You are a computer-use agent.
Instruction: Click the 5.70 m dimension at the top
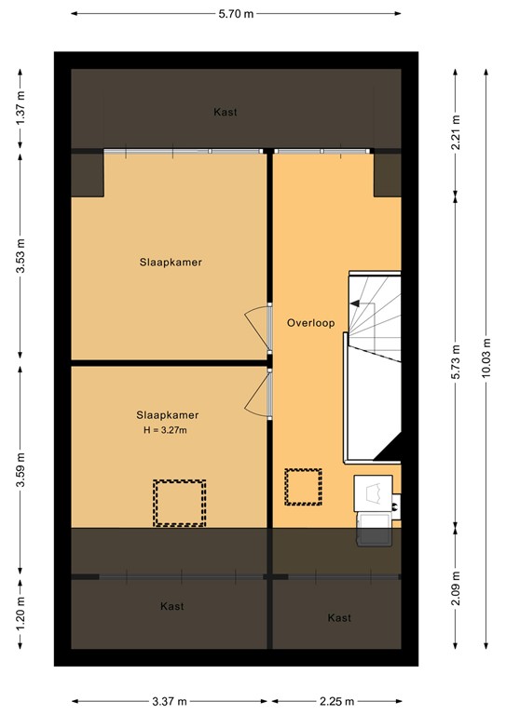point(237,14)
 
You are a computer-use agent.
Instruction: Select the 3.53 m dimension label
point(20,253)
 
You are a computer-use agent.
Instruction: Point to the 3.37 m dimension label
point(170,701)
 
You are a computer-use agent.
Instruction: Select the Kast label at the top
point(225,112)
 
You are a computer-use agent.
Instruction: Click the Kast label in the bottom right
point(339,617)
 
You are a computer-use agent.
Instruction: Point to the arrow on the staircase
point(359,303)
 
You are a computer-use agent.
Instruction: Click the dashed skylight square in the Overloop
point(303,487)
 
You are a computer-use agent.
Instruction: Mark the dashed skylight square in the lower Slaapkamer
point(179,503)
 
